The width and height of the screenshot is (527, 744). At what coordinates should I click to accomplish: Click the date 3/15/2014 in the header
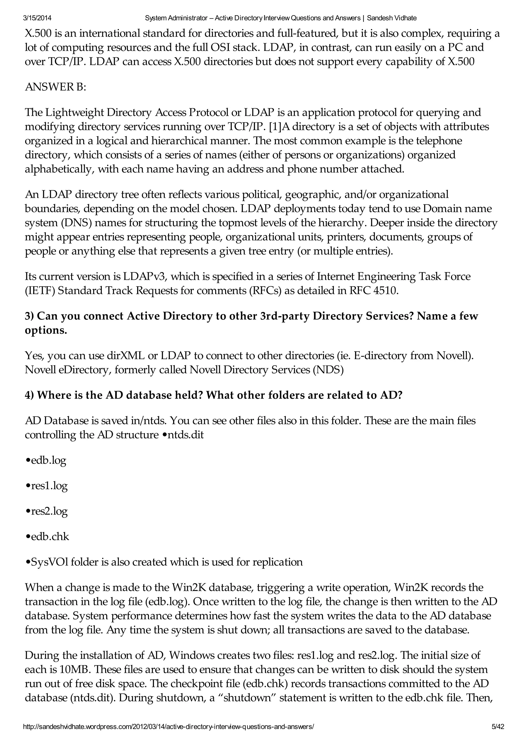(x=37, y=18)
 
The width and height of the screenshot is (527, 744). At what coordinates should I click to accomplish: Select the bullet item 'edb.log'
(x=46, y=460)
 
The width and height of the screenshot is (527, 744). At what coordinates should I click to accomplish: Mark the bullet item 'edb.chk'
(x=47, y=536)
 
